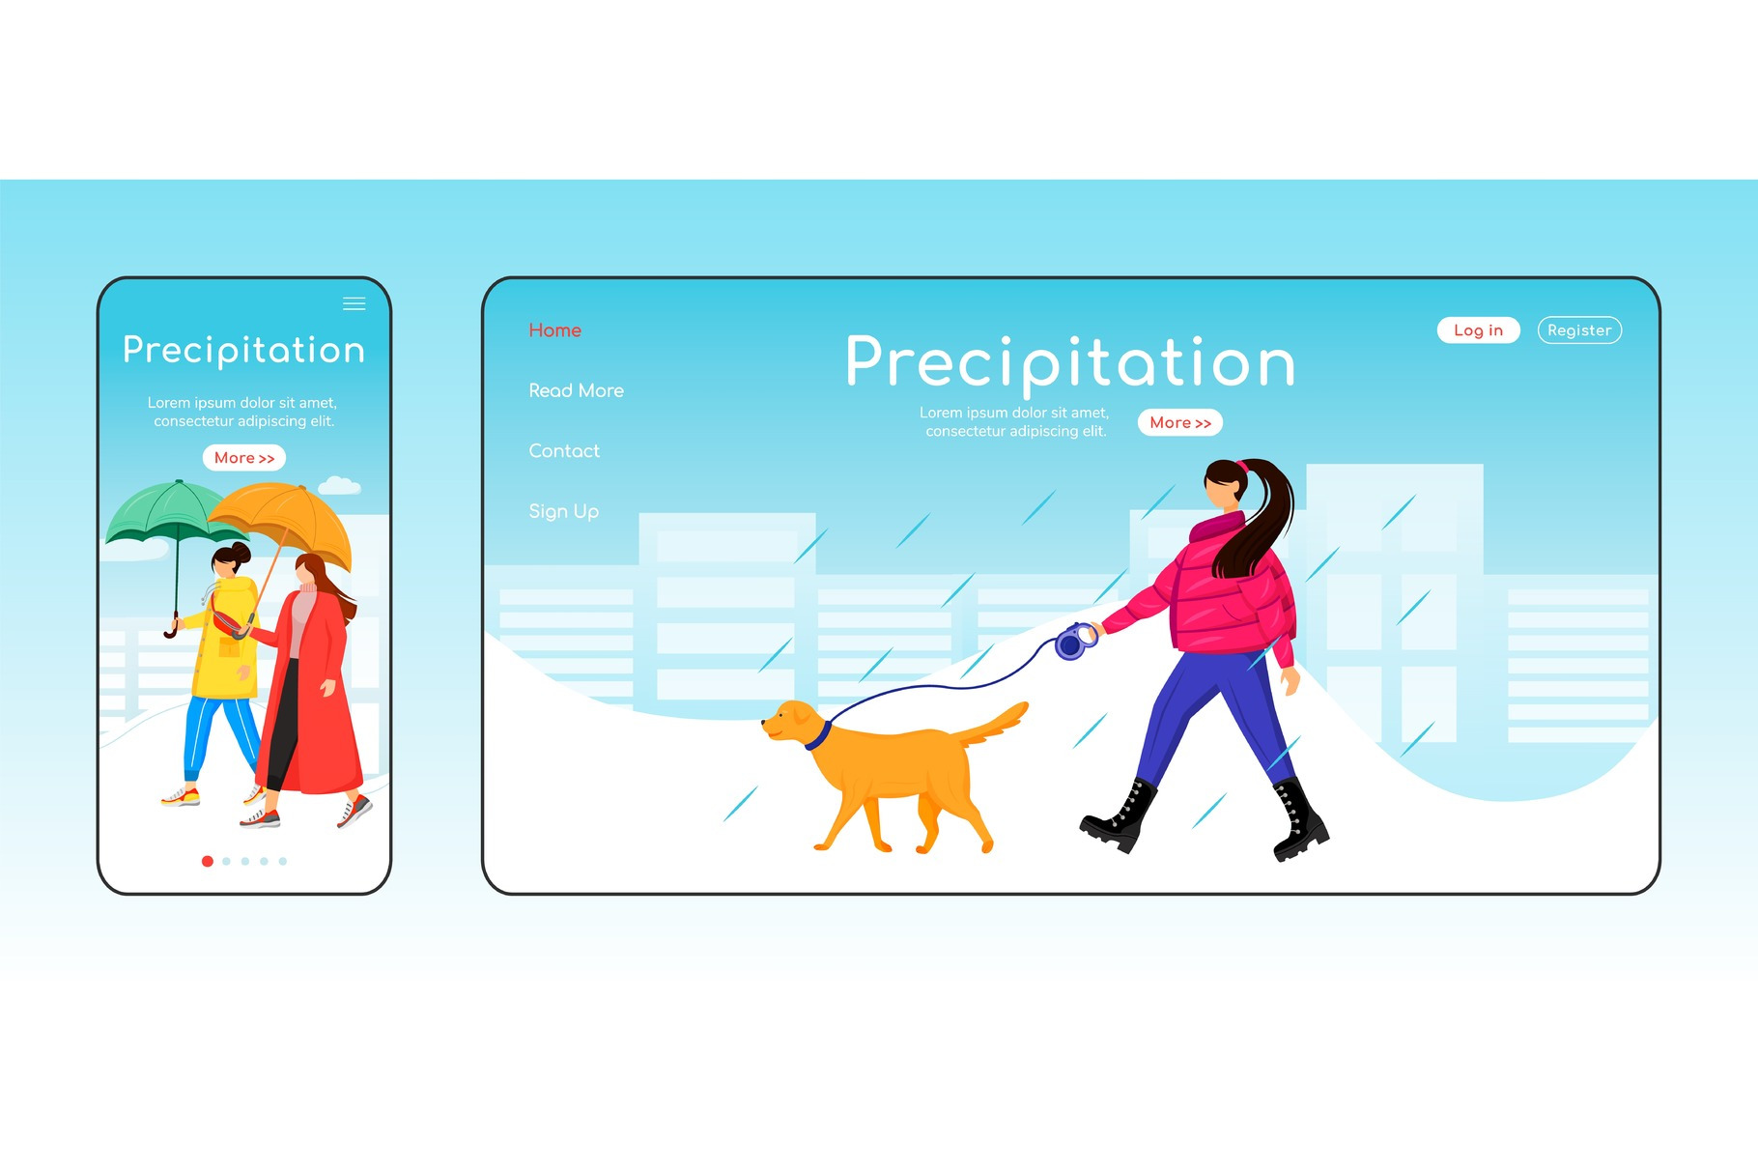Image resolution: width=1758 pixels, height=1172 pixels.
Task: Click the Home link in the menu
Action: coord(554,330)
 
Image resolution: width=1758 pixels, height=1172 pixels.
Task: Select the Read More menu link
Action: coord(576,390)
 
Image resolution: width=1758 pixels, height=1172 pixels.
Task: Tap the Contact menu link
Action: coord(564,451)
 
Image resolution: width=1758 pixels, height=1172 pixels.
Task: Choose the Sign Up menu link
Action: coord(563,511)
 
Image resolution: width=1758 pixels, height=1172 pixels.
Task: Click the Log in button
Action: coord(1478,330)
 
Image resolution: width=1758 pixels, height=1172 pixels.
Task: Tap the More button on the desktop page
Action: coord(1180,423)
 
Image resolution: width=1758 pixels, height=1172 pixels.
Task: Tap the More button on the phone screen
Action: coord(244,458)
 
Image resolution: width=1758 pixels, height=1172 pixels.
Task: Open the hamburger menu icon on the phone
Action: coord(354,304)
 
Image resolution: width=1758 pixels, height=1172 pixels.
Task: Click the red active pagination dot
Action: coord(208,861)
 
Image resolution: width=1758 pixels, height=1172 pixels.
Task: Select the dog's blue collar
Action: coord(818,736)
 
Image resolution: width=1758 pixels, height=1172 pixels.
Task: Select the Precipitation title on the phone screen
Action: coord(244,351)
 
